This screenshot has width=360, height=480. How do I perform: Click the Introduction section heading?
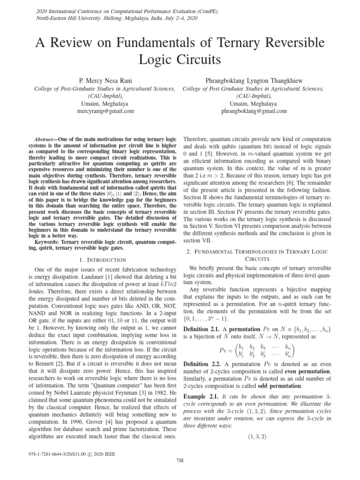click(x=103, y=259)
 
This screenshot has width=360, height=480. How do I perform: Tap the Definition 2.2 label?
click(x=203, y=364)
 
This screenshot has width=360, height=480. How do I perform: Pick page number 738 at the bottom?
click(x=180, y=473)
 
